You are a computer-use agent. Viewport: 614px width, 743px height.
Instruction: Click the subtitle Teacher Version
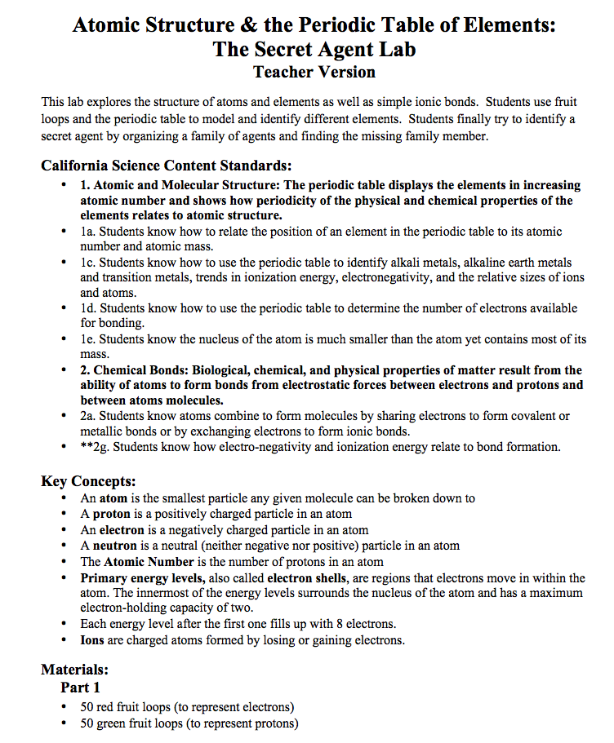click(x=314, y=72)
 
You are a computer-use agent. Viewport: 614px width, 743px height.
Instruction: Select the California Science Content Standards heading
click(x=167, y=166)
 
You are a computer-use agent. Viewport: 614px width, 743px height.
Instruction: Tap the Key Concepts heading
click(x=88, y=480)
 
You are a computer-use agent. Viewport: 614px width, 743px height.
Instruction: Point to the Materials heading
click(x=74, y=670)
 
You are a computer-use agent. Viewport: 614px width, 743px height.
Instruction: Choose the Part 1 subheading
click(x=80, y=688)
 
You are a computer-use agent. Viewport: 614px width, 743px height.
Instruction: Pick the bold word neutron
click(x=114, y=546)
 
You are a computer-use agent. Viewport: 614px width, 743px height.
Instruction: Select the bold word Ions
click(x=92, y=640)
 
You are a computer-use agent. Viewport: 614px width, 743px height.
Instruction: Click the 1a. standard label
click(x=87, y=232)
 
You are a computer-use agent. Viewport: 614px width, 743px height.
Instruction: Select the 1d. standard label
click(x=88, y=309)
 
